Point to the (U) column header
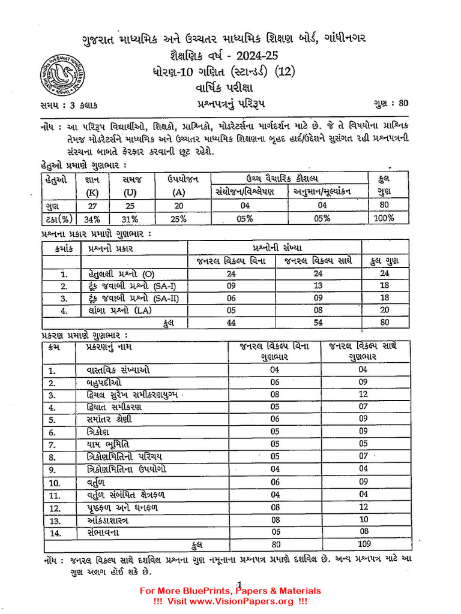(x=130, y=193)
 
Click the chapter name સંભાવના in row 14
(x=104, y=532)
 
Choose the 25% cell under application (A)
(x=178, y=219)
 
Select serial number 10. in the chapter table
(x=55, y=483)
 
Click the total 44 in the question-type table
(x=231, y=323)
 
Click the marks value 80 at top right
(x=402, y=103)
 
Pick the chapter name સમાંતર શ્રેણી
(x=109, y=420)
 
